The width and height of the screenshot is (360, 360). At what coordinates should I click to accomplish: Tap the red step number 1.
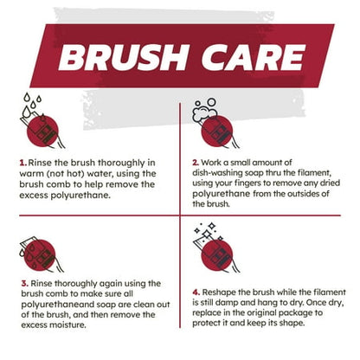click(22, 161)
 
